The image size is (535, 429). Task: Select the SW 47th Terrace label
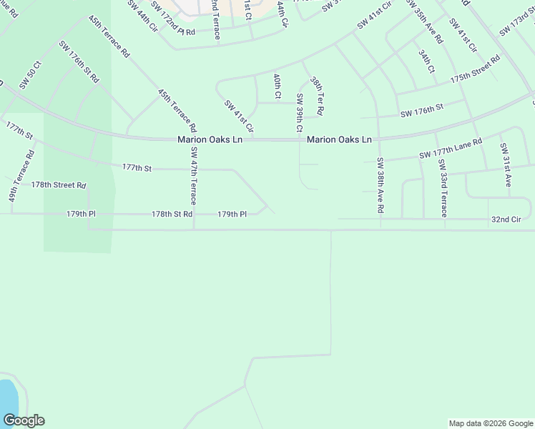[194, 177]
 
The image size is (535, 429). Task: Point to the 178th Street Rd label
[59, 184]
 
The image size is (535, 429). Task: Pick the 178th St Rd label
[172, 214]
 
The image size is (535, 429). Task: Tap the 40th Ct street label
[278, 85]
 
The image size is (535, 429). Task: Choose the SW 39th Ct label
[300, 113]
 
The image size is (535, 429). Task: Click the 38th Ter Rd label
[317, 97]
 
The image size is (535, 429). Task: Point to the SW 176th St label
[422, 112]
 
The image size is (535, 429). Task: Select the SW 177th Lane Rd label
[451, 149]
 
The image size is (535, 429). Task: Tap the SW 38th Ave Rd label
[381, 186]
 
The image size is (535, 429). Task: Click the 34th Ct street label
[427, 61]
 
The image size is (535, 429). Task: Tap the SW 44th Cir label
[144, 16]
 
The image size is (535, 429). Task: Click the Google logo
[24, 420]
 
